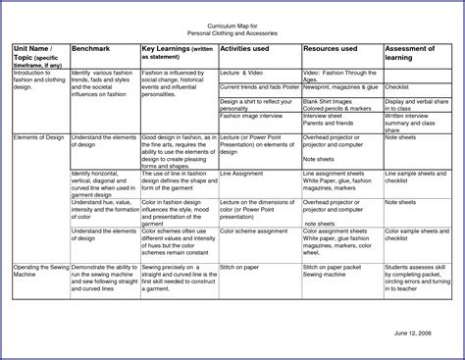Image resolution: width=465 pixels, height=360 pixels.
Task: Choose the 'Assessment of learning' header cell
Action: (x=416, y=51)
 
